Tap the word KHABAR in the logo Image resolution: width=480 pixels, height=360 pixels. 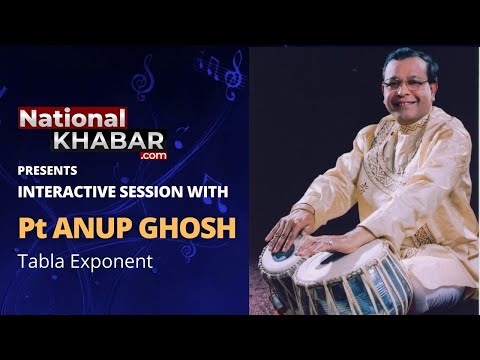click(119, 140)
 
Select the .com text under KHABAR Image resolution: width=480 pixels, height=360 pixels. click(152, 156)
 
